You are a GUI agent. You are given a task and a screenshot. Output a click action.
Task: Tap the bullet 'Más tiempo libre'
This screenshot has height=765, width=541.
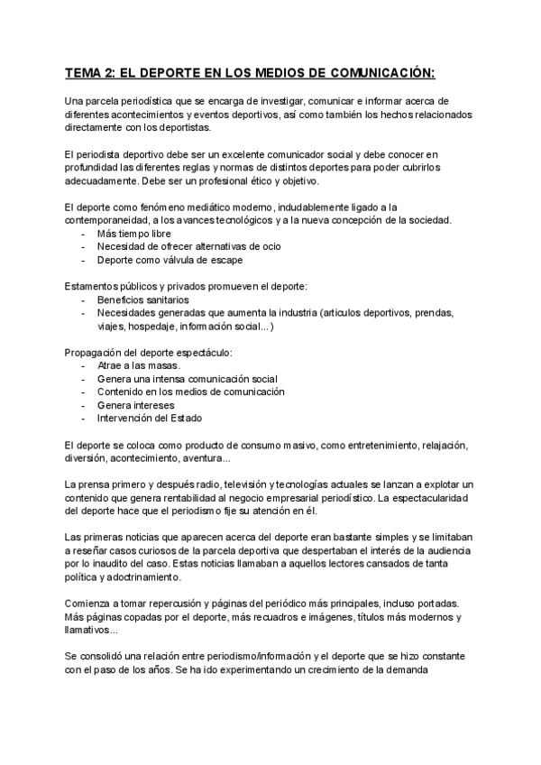pos(133,234)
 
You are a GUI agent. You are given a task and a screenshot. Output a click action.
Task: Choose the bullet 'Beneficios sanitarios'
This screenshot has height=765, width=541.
pos(142,300)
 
